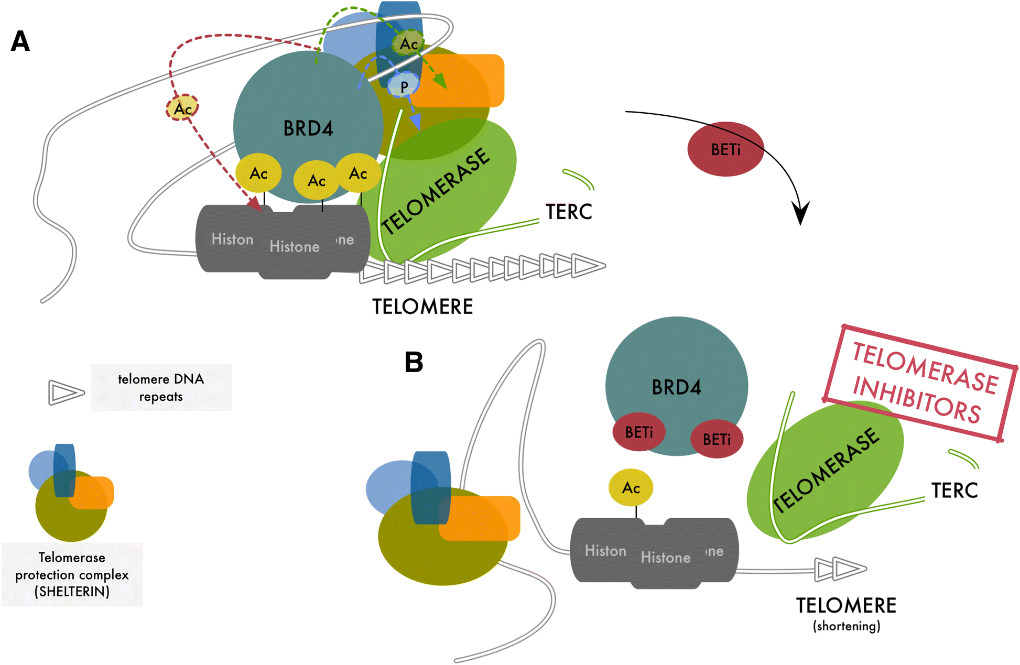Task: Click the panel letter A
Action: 20,41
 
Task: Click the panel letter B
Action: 414,362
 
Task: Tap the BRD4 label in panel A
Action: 308,128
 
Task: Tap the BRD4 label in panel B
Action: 676,387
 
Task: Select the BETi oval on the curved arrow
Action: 725,149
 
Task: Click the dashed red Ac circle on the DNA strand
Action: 182,108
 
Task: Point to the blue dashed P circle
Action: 404,85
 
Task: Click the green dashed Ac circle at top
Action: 408,43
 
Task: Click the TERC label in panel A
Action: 569,212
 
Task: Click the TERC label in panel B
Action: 954,490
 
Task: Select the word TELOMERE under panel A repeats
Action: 422,307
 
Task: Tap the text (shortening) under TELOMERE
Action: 847,626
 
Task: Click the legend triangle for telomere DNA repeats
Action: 66,393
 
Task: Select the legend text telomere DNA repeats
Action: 161,387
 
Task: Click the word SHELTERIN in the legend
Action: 72,592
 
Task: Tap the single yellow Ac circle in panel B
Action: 631,487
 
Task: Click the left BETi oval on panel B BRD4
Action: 639,432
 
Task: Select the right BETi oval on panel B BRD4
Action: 717,439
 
